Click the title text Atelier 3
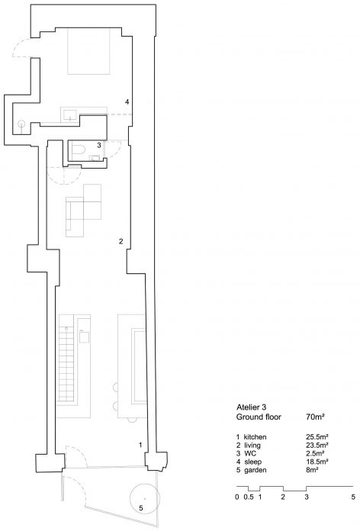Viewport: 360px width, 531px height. [253, 407]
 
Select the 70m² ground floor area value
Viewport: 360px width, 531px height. [315, 417]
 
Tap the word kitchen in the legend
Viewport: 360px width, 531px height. [255, 437]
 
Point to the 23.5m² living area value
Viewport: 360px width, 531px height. [317, 445]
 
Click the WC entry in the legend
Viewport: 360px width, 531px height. [250, 453]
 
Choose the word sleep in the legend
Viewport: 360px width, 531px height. [252, 462]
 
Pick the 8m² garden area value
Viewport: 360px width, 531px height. [312, 470]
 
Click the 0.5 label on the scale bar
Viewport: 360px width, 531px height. [248, 497]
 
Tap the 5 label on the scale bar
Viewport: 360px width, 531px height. [353, 497]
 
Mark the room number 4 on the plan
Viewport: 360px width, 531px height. [127, 101]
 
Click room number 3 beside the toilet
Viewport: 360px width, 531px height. [99, 145]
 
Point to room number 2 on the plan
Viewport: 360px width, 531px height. [121, 241]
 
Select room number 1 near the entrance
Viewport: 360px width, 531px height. [140, 445]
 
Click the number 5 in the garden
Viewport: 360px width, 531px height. [141, 508]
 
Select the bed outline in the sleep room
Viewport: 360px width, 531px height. [88, 51]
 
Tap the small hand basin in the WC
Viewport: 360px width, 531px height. [95, 158]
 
